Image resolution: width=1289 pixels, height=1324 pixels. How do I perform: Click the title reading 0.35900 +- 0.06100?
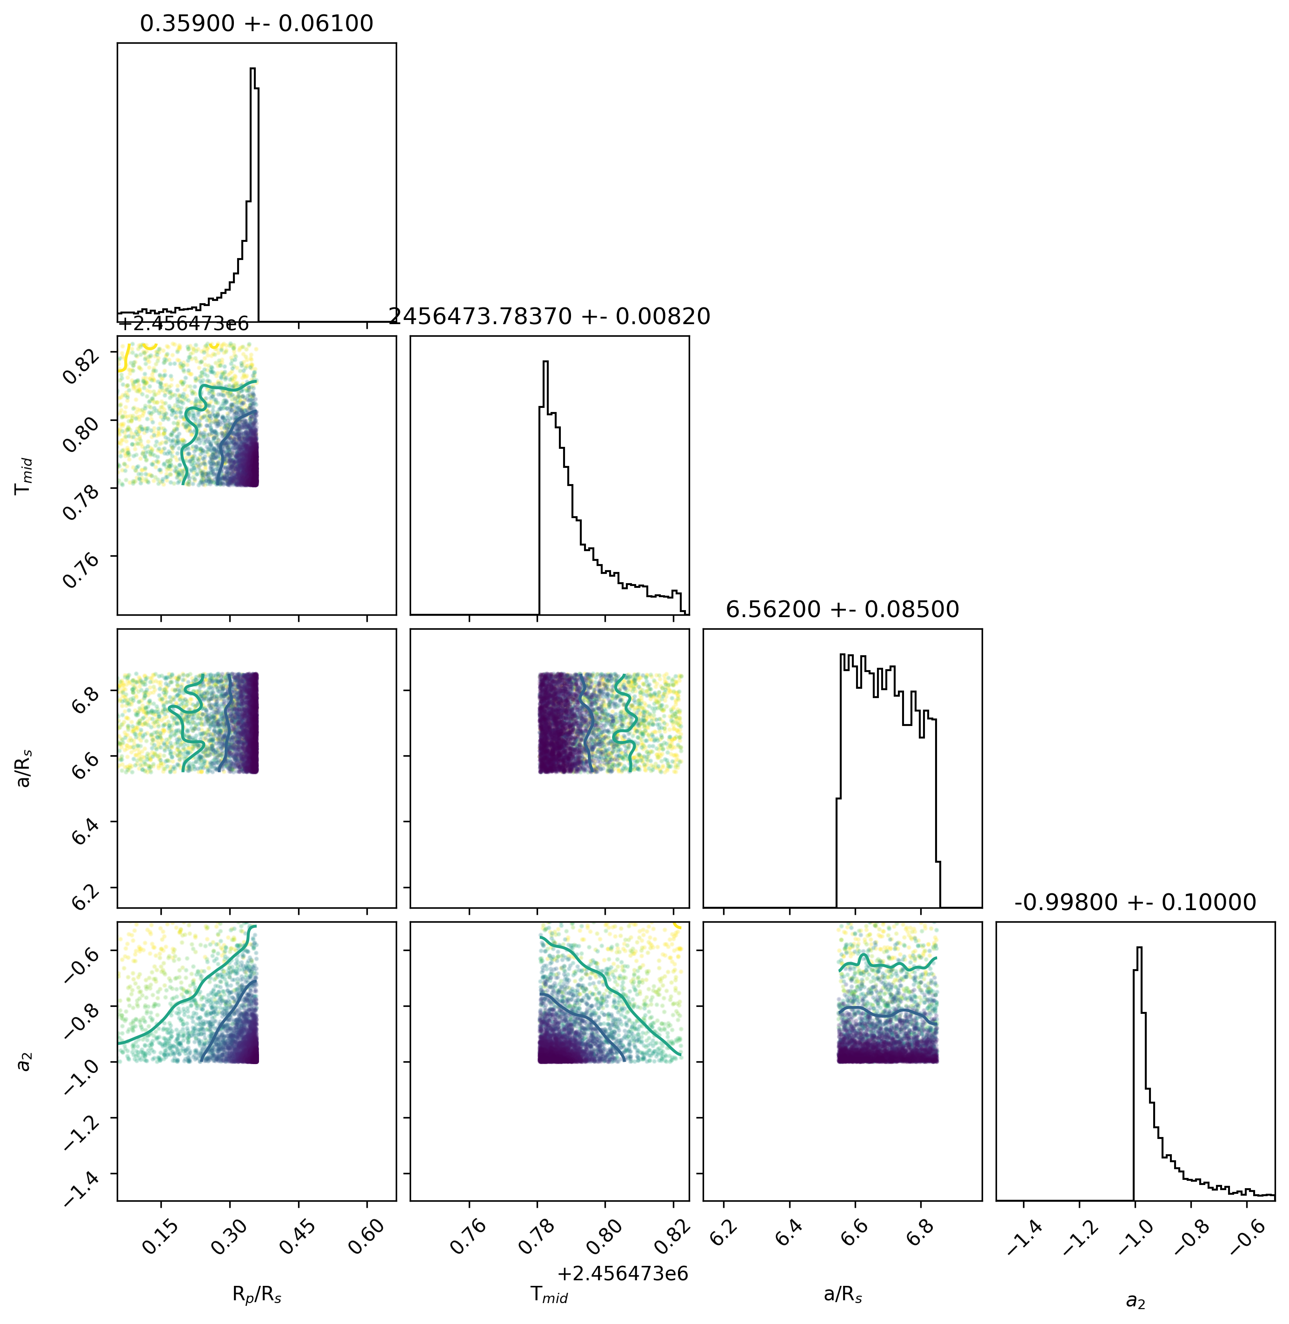click(x=257, y=24)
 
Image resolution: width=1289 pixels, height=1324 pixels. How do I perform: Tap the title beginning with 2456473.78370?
click(x=549, y=316)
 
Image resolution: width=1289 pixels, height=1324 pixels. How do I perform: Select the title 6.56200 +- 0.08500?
click(x=842, y=609)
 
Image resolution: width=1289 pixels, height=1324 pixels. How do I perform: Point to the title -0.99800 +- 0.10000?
click(x=1136, y=902)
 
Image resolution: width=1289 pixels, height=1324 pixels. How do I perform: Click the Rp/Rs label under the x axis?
click(x=257, y=1294)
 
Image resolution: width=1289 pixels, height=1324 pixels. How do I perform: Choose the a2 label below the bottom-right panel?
click(x=1136, y=1300)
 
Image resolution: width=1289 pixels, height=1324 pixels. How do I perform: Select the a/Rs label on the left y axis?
click(x=26, y=768)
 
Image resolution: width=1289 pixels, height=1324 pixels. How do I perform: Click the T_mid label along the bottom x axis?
click(x=549, y=1294)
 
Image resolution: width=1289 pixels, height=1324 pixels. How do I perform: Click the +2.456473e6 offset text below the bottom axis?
click(x=623, y=1274)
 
